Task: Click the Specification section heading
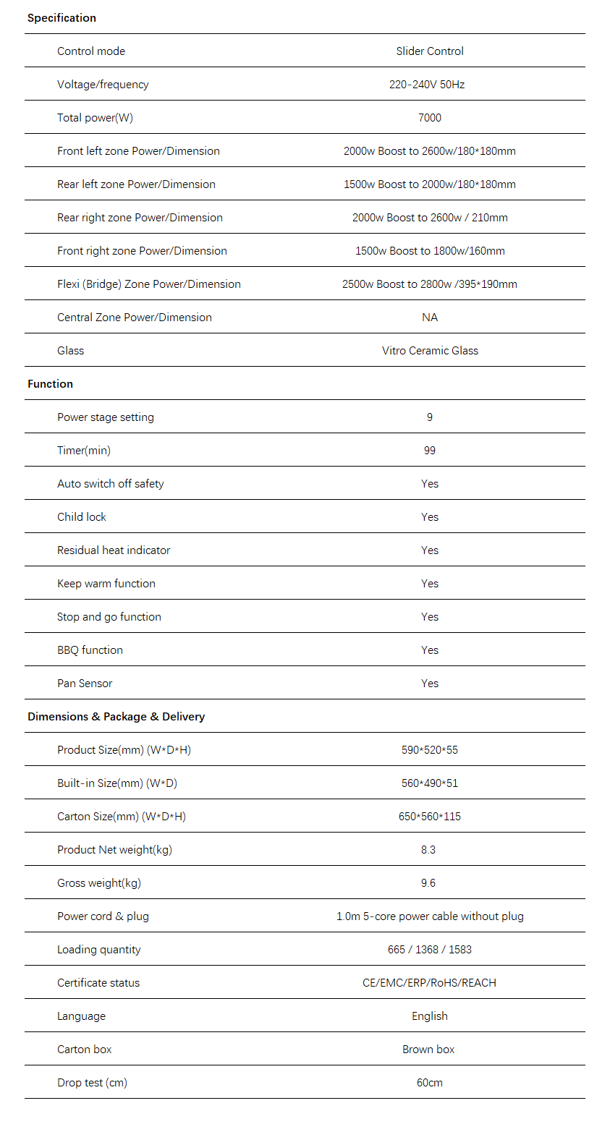tap(62, 18)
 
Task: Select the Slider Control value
tap(430, 51)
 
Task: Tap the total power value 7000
tap(430, 118)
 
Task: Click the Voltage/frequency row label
tap(103, 85)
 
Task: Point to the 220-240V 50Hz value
tap(427, 85)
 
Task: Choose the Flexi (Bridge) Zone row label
tap(149, 284)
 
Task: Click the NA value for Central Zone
tap(430, 318)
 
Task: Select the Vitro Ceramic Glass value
tap(430, 351)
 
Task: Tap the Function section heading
tap(50, 384)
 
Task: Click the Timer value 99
tap(430, 451)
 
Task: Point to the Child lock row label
tap(82, 517)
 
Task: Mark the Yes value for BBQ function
tap(430, 650)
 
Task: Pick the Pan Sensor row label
tap(85, 684)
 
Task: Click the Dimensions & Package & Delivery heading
tap(116, 717)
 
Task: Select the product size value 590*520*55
tap(430, 750)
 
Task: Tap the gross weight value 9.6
tap(428, 883)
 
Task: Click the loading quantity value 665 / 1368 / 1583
tap(430, 950)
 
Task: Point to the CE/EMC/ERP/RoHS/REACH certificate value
tap(430, 983)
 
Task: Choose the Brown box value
tap(428, 1050)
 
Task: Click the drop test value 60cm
tap(430, 1083)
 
